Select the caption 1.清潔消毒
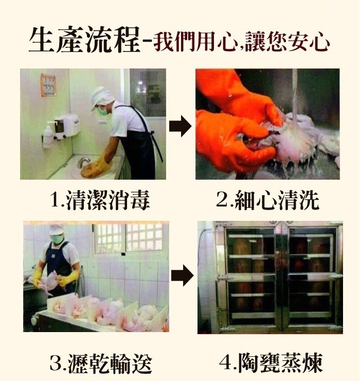(x=100, y=200)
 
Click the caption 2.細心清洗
(x=267, y=200)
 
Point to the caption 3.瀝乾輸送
(x=101, y=363)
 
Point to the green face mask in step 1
(x=102, y=109)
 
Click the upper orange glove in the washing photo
(x=231, y=93)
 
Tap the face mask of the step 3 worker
(x=58, y=239)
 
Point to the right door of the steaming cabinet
(x=311, y=275)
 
